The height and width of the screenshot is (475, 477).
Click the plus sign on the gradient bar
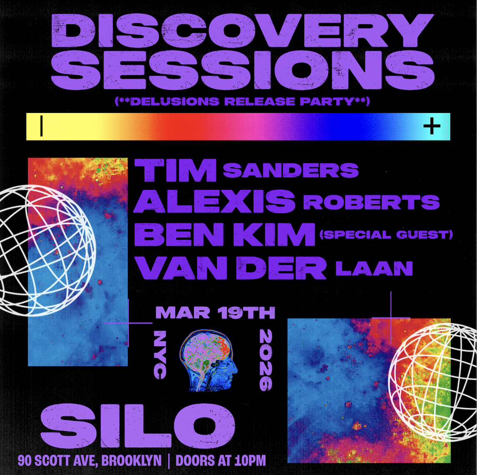432,126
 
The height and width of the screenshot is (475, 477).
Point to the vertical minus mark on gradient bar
42,126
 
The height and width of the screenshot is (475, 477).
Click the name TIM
176,171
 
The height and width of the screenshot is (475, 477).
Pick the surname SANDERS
291,170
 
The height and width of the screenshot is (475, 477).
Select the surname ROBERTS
371,202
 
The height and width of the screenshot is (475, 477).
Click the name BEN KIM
225,235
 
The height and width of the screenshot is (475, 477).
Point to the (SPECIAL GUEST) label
386,235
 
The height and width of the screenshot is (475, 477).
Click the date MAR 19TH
215,312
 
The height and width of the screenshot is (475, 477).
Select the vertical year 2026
265,360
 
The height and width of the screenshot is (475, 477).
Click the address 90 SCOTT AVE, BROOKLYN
89,461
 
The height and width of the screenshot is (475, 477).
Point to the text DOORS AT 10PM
221,461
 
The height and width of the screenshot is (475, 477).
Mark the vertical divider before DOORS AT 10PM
169,461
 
